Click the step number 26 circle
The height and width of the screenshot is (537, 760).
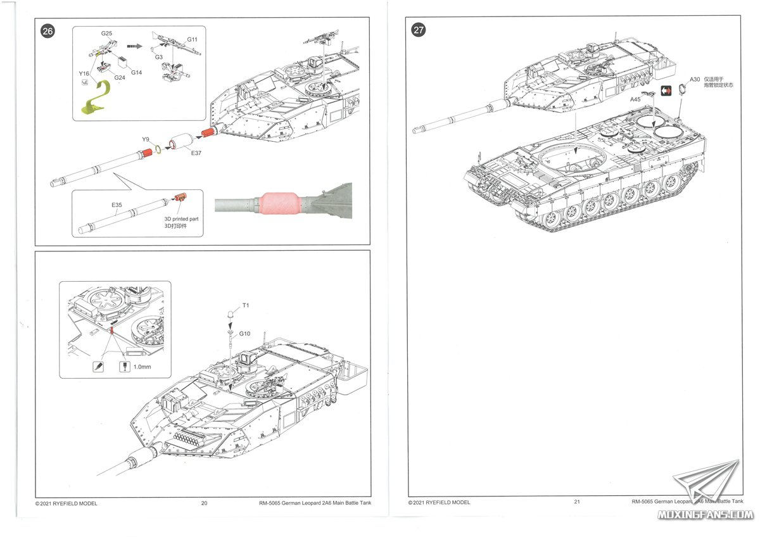(47, 31)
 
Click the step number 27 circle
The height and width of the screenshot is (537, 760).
(419, 30)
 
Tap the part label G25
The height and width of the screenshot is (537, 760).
(106, 33)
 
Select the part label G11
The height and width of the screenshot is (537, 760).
(192, 39)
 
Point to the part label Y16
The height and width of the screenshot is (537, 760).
(84, 73)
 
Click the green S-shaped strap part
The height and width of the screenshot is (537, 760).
(97, 98)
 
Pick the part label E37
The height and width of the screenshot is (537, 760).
(196, 153)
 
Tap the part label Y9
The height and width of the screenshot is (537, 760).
(146, 139)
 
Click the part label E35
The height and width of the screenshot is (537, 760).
(117, 205)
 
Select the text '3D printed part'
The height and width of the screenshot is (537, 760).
(181, 219)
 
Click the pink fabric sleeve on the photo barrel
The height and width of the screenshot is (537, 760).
(279, 203)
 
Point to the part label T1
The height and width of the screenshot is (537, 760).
(246, 305)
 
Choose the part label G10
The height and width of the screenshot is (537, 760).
(244, 334)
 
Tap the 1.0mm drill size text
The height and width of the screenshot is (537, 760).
(142, 367)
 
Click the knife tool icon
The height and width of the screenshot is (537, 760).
(98, 367)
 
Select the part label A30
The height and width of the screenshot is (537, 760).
(695, 79)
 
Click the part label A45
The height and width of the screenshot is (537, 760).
(635, 99)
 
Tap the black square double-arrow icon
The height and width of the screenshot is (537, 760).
(666, 91)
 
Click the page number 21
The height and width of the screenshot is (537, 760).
(577, 502)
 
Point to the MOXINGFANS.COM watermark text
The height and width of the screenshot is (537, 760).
(706, 515)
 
